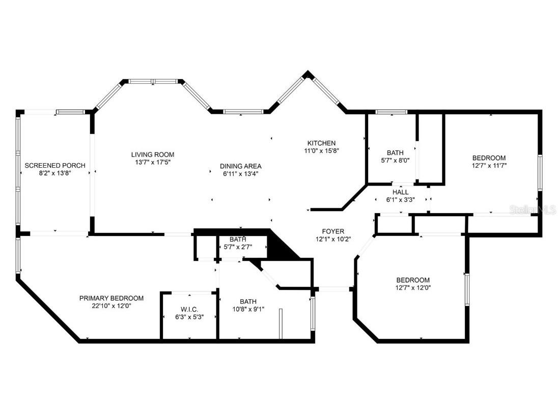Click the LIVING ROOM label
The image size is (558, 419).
tap(153, 154)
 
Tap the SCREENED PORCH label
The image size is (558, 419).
tap(55, 165)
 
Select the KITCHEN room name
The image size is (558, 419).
tap(321, 143)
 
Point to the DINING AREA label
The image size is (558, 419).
tap(241, 166)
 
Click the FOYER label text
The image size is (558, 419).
tap(333, 231)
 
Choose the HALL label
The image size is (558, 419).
tap(401, 192)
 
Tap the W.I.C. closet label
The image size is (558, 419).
tap(189, 309)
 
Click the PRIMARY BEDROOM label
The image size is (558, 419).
tap(111, 298)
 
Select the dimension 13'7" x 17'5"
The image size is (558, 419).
tap(153, 162)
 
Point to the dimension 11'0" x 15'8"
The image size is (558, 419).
tap(321, 150)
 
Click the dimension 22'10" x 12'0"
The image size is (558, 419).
tap(111, 306)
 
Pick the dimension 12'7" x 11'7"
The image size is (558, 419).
tap(489, 165)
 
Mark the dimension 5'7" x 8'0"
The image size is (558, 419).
tap(395, 160)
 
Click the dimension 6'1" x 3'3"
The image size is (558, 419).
tap(401, 200)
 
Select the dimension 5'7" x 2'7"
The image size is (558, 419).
tap(238, 247)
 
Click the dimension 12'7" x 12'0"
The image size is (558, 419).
tap(413, 287)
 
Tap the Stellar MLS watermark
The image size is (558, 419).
tap(533, 209)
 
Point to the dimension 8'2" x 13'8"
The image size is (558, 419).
tap(55, 173)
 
